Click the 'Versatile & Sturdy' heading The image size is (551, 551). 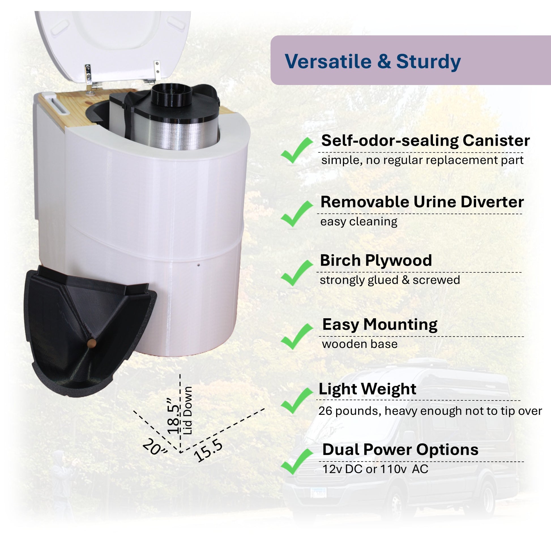tap(373, 61)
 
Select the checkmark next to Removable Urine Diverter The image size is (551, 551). tap(297, 214)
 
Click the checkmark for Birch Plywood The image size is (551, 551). tap(297, 273)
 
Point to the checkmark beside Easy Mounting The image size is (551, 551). tap(297, 337)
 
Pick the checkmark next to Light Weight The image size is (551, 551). tap(297, 401)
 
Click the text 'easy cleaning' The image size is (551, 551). tap(359, 222)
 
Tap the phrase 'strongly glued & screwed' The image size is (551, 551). tap(390, 280)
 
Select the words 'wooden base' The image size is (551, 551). tap(360, 344)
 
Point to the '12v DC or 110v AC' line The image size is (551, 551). tap(375, 469)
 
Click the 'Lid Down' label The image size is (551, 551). tap(188, 410)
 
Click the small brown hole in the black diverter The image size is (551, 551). tap(91, 342)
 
